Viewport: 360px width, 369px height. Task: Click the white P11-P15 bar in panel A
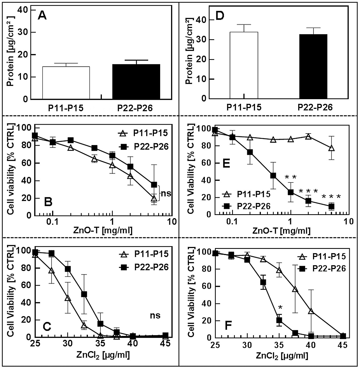tap(66, 83)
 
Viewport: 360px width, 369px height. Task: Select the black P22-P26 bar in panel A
tap(136, 82)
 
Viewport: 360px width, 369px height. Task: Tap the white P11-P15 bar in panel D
tap(244, 65)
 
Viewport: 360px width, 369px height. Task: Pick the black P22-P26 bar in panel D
tap(313, 66)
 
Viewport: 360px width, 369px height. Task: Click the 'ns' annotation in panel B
tap(166, 193)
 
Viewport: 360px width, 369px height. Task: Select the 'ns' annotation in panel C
tap(155, 315)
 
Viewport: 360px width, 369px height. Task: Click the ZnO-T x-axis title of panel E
tap(281, 231)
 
